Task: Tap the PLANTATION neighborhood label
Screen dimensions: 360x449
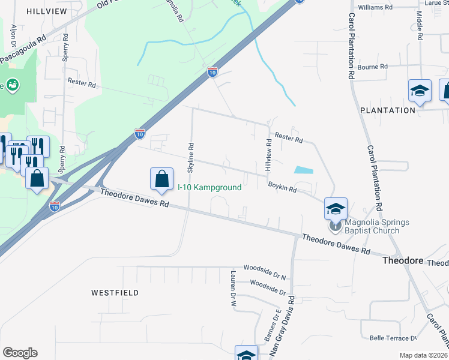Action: [387, 110]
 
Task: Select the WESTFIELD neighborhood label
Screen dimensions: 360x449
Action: [115, 293]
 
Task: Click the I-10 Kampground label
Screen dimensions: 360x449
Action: [209, 187]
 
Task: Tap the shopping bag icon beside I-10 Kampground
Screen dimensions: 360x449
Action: [161, 178]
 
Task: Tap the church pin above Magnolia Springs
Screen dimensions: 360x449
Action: [334, 227]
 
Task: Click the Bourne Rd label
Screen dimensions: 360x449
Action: [373, 67]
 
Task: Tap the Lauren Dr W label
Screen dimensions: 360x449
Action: [233, 289]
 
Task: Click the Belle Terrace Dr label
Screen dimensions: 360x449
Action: [393, 338]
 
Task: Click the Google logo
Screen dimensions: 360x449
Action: [20, 353]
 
